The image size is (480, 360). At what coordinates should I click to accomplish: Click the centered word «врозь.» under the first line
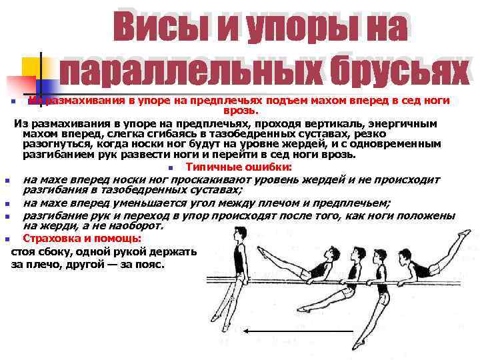pyautogui.click(x=240, y=111)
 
